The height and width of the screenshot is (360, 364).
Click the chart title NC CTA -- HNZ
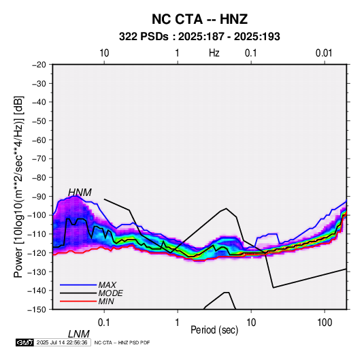(x=199, y=19)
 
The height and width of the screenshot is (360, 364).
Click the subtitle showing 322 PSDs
(x=199, y=37)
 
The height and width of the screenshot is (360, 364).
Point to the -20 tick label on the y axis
(x=39, y=65)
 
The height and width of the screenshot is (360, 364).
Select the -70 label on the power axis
(x=39, y=159)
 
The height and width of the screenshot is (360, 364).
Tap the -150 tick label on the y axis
(x=37, y=310)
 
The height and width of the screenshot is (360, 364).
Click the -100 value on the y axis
(x=37, y=215)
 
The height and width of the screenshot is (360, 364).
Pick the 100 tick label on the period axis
(x=325, y=323)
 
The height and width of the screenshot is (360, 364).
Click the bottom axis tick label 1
(x=177, y=323)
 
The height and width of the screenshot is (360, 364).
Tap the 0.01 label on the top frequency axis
(x=324, y=53)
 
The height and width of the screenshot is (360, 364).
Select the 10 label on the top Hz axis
(x=104, y=53)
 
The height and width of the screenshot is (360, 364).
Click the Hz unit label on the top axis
(x=214, y=53)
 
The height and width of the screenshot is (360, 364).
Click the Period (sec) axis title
(x=214, y=330)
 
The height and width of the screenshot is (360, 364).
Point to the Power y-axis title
(x=18, y=186)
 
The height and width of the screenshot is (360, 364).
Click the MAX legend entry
(x=107, y=284)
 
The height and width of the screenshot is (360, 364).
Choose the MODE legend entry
(x=110, y=293)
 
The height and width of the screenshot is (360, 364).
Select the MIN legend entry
(x=106, y=301)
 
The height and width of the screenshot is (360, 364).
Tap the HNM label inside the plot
(x=80, y=193)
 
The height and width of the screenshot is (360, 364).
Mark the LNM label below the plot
(x=79, y=334)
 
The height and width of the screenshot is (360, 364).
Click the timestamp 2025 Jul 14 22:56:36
(x=62, y=342)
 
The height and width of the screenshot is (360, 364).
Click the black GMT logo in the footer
(x=25, y=342)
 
